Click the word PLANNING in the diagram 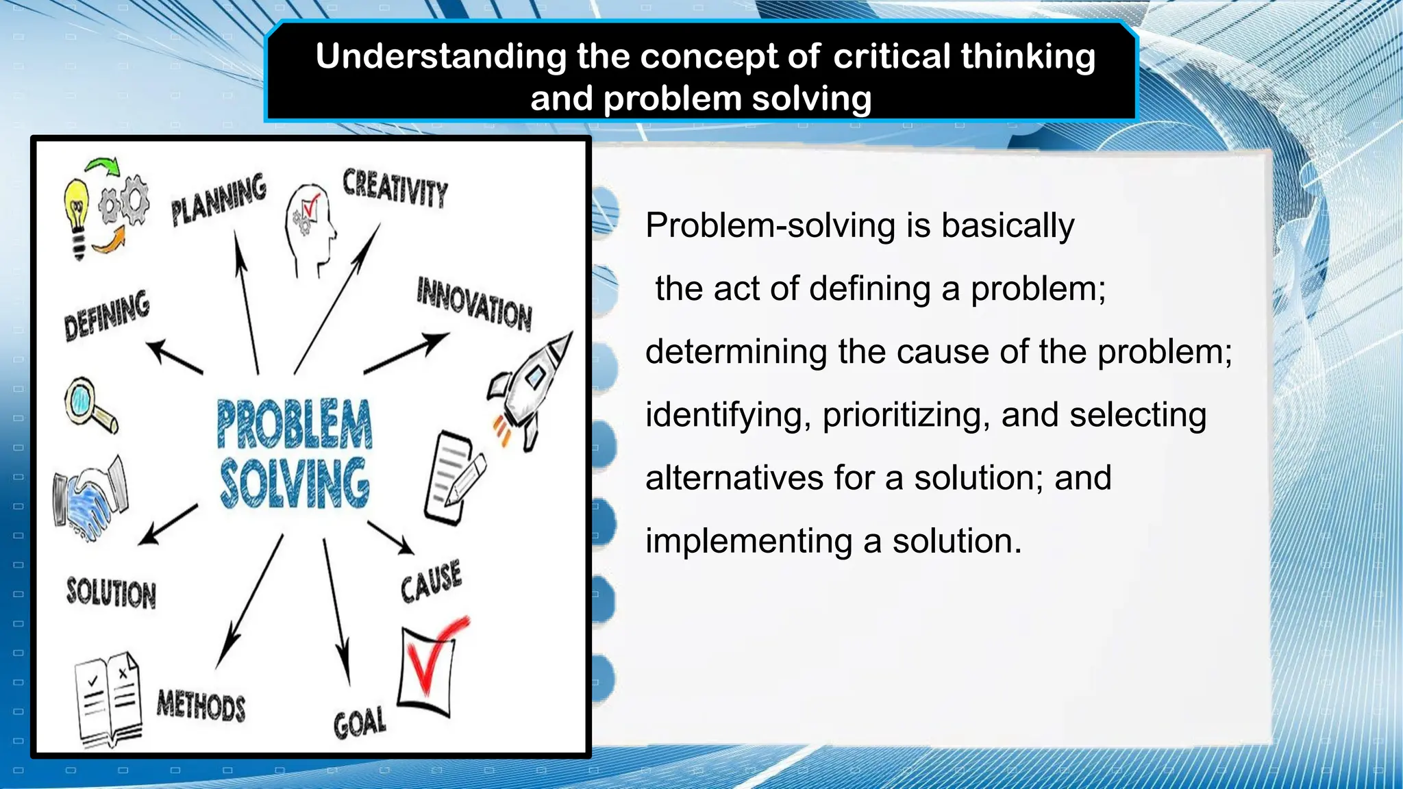[x=219, y=199]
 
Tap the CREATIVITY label [x=395, y=187]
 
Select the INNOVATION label [x=474, y=304]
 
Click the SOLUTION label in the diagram [x=111, y=592]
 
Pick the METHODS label [x=201, y=705]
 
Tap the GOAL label [x=360, y=723]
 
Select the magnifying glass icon [x=89, y=403]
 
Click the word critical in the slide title [x=892, y=56]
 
